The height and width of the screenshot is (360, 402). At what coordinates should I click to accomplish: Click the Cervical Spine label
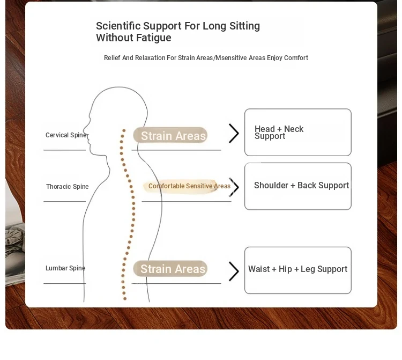(x=66, y=135)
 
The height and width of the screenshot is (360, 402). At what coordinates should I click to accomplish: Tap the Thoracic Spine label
(x=67, y=187)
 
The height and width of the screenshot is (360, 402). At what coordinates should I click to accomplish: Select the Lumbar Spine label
(x=65, y=268)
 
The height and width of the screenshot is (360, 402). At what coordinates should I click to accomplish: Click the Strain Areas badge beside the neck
(x=170, y=135)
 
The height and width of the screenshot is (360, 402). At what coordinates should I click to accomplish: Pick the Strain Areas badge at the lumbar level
(x=170, y=269)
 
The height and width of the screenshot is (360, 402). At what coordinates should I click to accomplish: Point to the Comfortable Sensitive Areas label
(x=189, y=186)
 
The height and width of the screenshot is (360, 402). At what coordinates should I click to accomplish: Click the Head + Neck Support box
(x=298, y=132)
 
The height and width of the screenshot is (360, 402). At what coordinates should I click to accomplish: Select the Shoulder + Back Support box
(x=298, y=186)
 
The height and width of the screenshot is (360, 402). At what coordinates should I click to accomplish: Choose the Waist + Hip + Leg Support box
(x=298, y=270)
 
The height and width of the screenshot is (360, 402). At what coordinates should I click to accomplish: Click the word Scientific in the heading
(x=118, y=26)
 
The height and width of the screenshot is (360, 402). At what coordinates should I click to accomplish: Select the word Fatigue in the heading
(x=154, y=38)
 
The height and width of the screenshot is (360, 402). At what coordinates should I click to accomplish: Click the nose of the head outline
(x=84, y=127)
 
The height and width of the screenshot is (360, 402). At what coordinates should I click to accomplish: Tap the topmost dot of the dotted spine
(x=124, y=130)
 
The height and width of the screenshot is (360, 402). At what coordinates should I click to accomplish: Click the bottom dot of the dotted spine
(x=125, y=298)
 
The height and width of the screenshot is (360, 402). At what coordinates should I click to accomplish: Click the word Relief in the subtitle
(x=112, y=58)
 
